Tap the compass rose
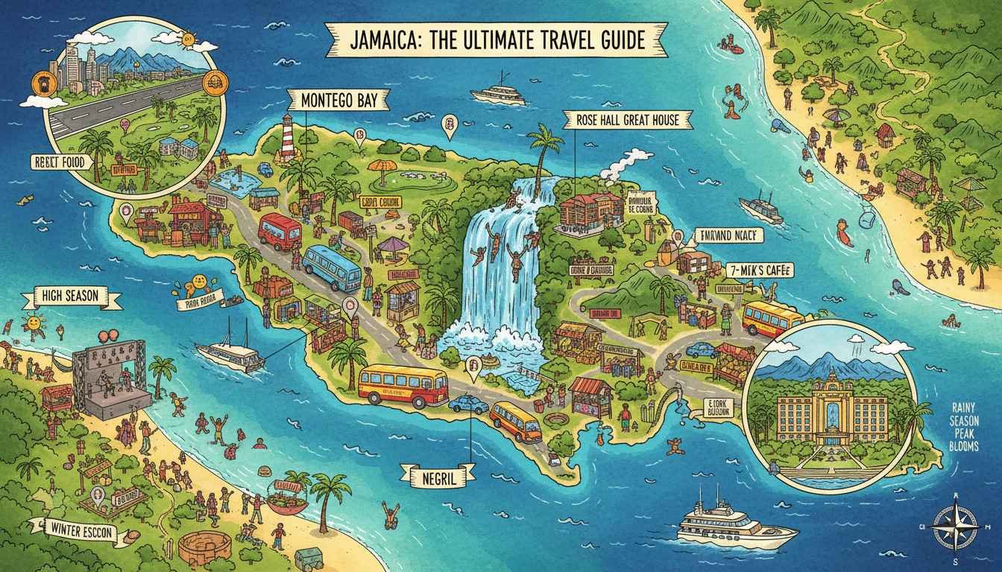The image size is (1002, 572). point(956,526)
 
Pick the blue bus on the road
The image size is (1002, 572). point(333,268)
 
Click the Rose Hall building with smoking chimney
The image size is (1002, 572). point(593,209)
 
